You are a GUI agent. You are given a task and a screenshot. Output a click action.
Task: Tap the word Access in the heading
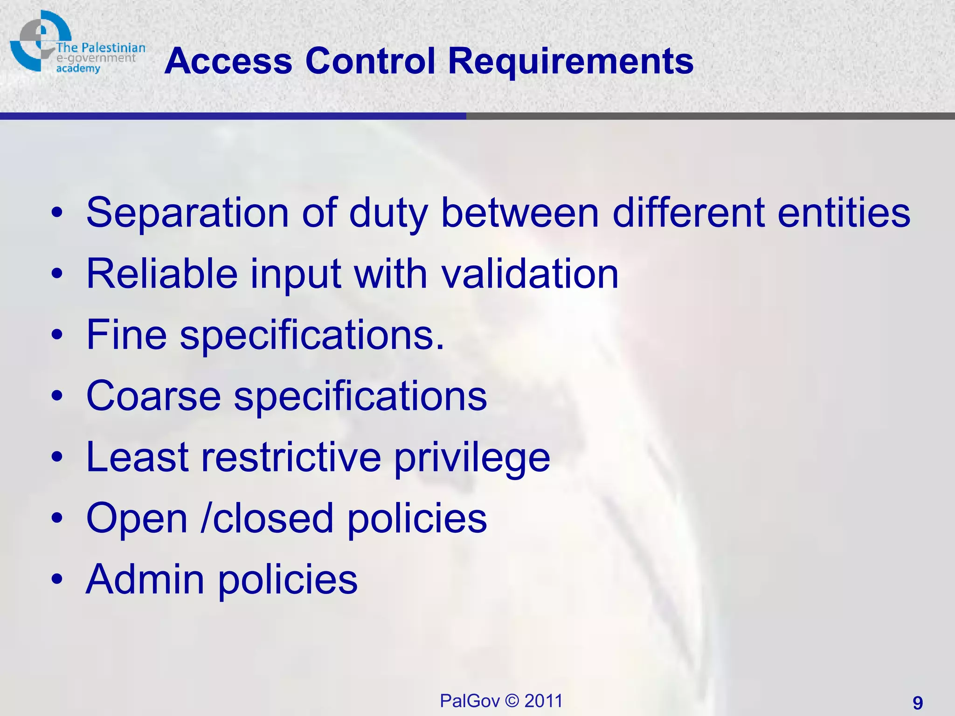click(x=228, y=61)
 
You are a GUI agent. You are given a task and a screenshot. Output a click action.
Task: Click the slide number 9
click(x=918, y=702)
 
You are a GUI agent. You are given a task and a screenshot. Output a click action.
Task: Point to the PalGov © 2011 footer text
click(x=501, y=701)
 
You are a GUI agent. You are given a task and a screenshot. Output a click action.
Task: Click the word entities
click(x=844, y=213)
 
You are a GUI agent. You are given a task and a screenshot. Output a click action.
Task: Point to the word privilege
click(x=472, y=458)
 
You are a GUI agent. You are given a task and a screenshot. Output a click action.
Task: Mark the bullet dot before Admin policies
click(x=57, y=580)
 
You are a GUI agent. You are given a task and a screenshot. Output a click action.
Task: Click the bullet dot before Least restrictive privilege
click(x=57, y=458)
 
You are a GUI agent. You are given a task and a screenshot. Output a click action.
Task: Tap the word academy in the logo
click(x=78, y=69)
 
